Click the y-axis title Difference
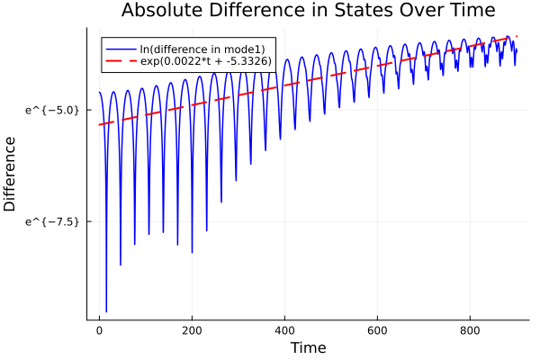coord(10,174)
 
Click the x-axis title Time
coord(308,347)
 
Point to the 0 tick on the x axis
coord(99,330)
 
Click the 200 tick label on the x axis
coord(192,330)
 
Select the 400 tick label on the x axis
coord(284,330)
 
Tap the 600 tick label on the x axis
coord(377,330)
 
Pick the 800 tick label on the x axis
coord(470,330)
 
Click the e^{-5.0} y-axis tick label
coord(54,110)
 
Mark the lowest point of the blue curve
coord(106,311)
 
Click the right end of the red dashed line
coord(517,36)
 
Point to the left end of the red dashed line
coord(99,125)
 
